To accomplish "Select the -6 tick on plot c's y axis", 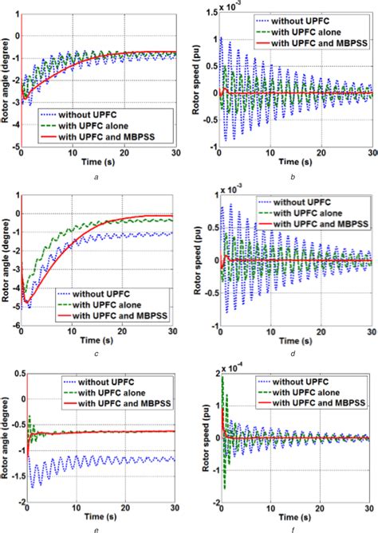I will (15, 326).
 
